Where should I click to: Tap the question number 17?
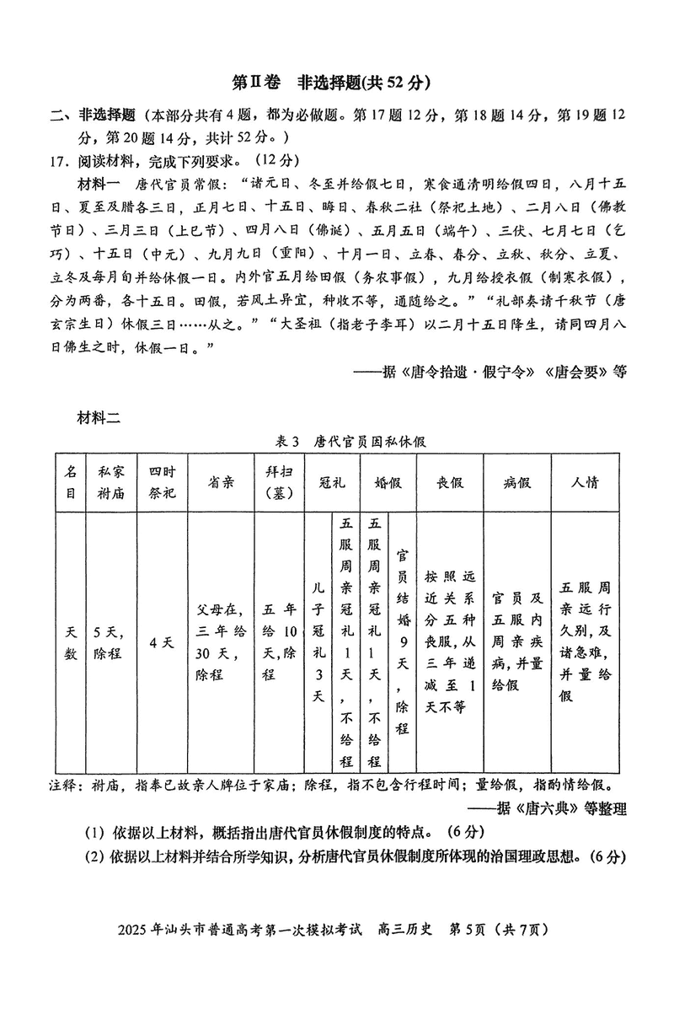tap(59, 160)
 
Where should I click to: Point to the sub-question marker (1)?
tap(94, 833)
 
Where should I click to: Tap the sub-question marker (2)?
tap(94, 857)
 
